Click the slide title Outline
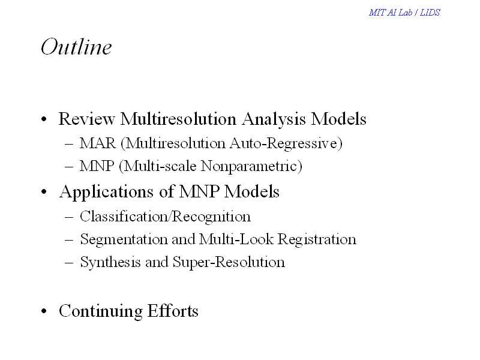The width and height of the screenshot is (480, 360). [76, 47]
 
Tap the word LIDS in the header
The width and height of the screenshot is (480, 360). [430, 13]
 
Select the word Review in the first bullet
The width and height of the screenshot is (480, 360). [86, 119]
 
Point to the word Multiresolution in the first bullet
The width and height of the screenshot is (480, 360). [178, 119]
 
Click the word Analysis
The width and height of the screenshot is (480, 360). [274, 119]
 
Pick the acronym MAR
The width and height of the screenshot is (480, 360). [98, 143]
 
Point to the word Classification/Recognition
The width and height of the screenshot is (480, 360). [166, 217]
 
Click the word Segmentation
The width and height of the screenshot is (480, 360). [124, 239]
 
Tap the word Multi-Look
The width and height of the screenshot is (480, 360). [236, 239]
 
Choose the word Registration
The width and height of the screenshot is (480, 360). [317, 239]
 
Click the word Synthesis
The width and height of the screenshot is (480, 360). [110, 262]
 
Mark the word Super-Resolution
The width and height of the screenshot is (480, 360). [229, 262]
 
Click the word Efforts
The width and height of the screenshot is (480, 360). [173, 311]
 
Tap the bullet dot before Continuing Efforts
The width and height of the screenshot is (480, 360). [44, 311]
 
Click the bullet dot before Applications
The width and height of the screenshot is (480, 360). [44, 192]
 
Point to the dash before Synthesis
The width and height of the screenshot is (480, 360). [69, 263]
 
